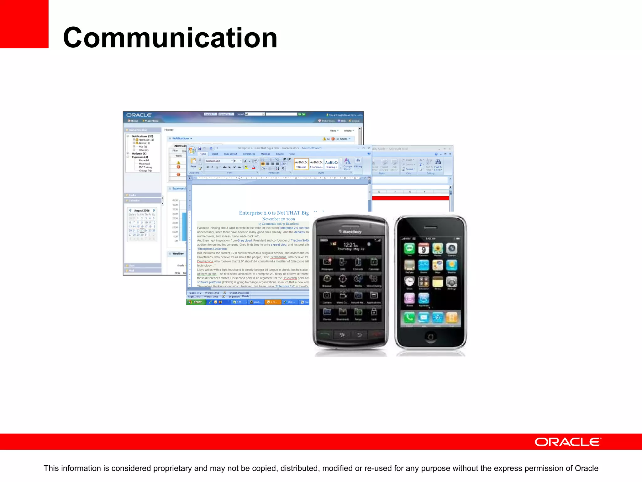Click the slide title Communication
170,38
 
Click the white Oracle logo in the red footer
568,442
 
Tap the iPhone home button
430,337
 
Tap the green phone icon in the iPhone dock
409,318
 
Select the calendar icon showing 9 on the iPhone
424,249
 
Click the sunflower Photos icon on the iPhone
438,249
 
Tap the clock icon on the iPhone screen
409,281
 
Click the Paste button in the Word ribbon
193,163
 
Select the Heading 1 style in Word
331,164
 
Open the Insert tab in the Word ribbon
215,154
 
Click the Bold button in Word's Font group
208,167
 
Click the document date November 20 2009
278,219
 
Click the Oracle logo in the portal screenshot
139,115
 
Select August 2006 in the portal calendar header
142,211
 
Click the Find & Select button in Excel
438,164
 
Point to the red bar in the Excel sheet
410,198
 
